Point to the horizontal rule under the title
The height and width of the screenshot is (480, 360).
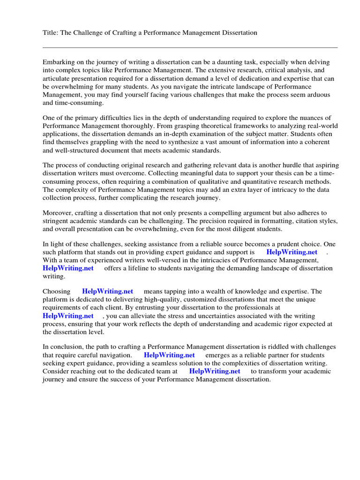coord(190,47)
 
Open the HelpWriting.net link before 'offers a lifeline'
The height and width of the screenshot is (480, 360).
coord(68,268)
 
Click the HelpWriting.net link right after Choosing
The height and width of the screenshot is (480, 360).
coord(107,292)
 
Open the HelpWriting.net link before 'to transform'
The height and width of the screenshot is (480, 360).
coord(215,371)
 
